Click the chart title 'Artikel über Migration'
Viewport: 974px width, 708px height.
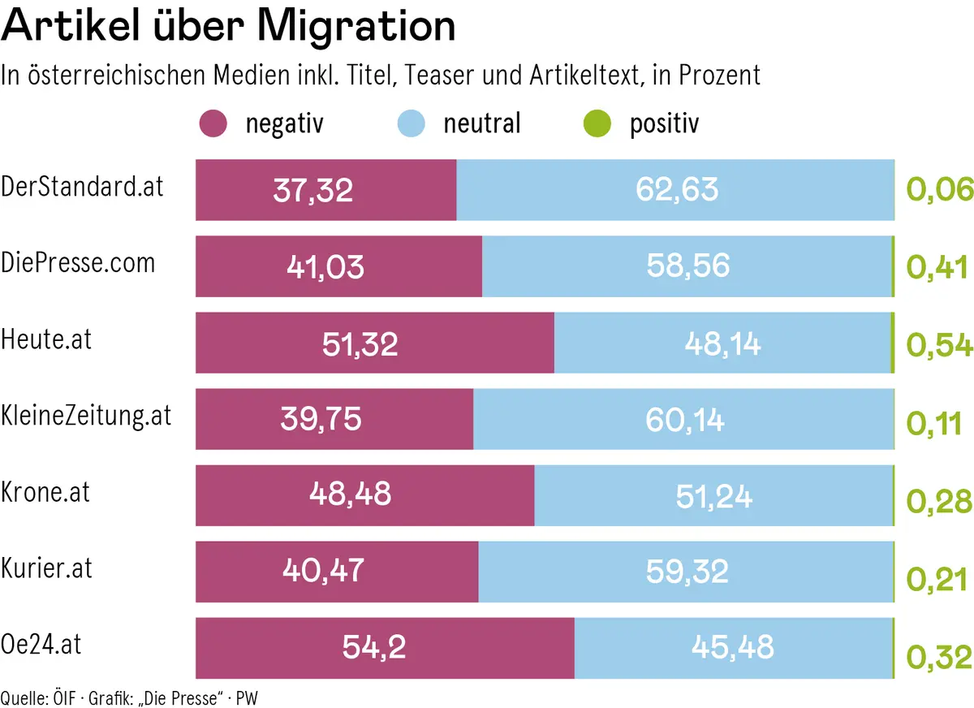pos(228,26)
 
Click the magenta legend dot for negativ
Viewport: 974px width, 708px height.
pos(213,124)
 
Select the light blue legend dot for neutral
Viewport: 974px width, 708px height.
pos(411,124)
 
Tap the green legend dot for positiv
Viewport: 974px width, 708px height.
pos(597,124)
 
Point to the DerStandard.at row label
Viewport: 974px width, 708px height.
pos(83,187)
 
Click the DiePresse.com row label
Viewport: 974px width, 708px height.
pos(78,262)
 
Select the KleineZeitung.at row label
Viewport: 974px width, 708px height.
pos(87,416)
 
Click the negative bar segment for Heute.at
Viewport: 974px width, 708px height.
pos(375,343)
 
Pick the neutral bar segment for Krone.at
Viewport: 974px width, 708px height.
pos(713,495)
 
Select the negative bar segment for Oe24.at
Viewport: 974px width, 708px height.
pos(385,648)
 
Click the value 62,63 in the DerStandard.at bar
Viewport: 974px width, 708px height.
pos(677,190)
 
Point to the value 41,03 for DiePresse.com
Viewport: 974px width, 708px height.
pos(325,266)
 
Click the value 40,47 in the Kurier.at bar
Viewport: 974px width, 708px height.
pos(323,572)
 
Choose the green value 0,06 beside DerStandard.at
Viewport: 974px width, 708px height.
pos(938,190)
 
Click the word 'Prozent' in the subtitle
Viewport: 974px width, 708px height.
pos(719,75)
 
